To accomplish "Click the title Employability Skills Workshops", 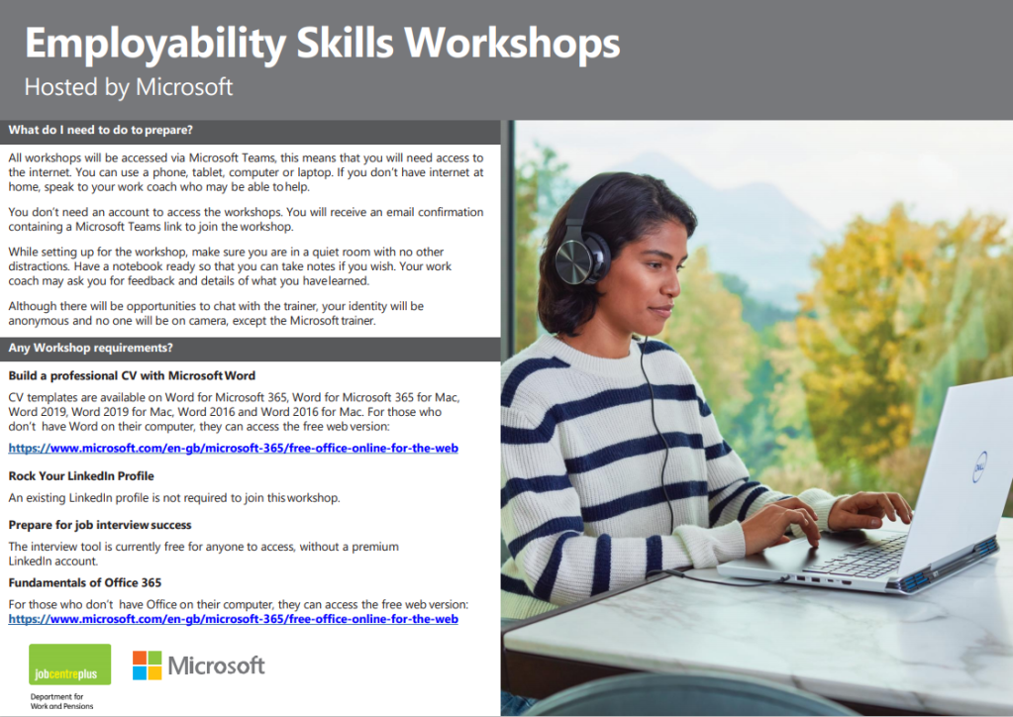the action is point(322,44).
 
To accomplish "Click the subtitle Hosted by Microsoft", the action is point(129,87).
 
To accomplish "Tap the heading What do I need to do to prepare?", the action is point(101,130).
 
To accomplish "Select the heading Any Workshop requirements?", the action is point(90,348).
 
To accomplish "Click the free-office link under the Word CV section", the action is point(234,448).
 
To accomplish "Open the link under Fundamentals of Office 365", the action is point(234,619).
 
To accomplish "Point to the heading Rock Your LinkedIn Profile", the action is point(81,476).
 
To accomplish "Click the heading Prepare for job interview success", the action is point(100,525).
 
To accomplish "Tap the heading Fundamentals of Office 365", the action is point(84,582).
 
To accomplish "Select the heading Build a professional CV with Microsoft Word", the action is point(132,376).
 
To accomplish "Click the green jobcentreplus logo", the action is point(69,665).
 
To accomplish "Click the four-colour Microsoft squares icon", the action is point(148,666).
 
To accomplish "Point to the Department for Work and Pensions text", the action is point(62,701).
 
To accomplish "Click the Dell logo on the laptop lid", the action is point(980,466).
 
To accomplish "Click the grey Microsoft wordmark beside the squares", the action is point(217,666).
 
